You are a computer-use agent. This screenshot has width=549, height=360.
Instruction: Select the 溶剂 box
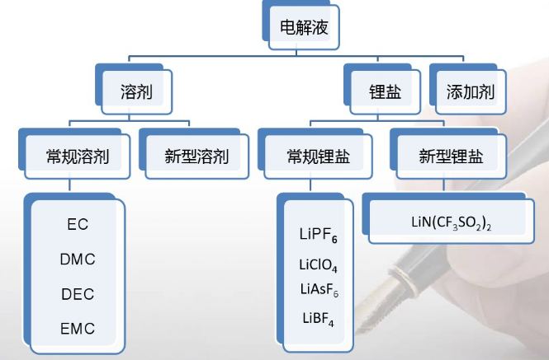pyautogui.click(x=136, y=91)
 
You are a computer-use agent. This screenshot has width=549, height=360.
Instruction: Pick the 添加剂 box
pyautogui.click(x=470, y=92)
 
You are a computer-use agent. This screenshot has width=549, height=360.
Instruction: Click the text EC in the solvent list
pyautogui.click(x=77, y=224)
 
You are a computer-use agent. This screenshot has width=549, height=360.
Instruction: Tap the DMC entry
pyautogui.click(x=77, y=259)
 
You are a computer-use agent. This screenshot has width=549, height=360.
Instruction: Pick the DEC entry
pyautogui.click(x=77, y=294)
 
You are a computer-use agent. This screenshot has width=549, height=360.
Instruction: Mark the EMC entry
pyautogui.click(x=77, y=329)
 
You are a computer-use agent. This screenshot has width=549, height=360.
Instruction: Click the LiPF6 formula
pyautogui.click(x=319, y=236)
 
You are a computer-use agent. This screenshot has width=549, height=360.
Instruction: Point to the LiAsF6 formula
pyautogui.click(x=319, y=288)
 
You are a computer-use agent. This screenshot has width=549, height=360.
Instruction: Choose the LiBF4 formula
pyautogui.click(x=317, y=318)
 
